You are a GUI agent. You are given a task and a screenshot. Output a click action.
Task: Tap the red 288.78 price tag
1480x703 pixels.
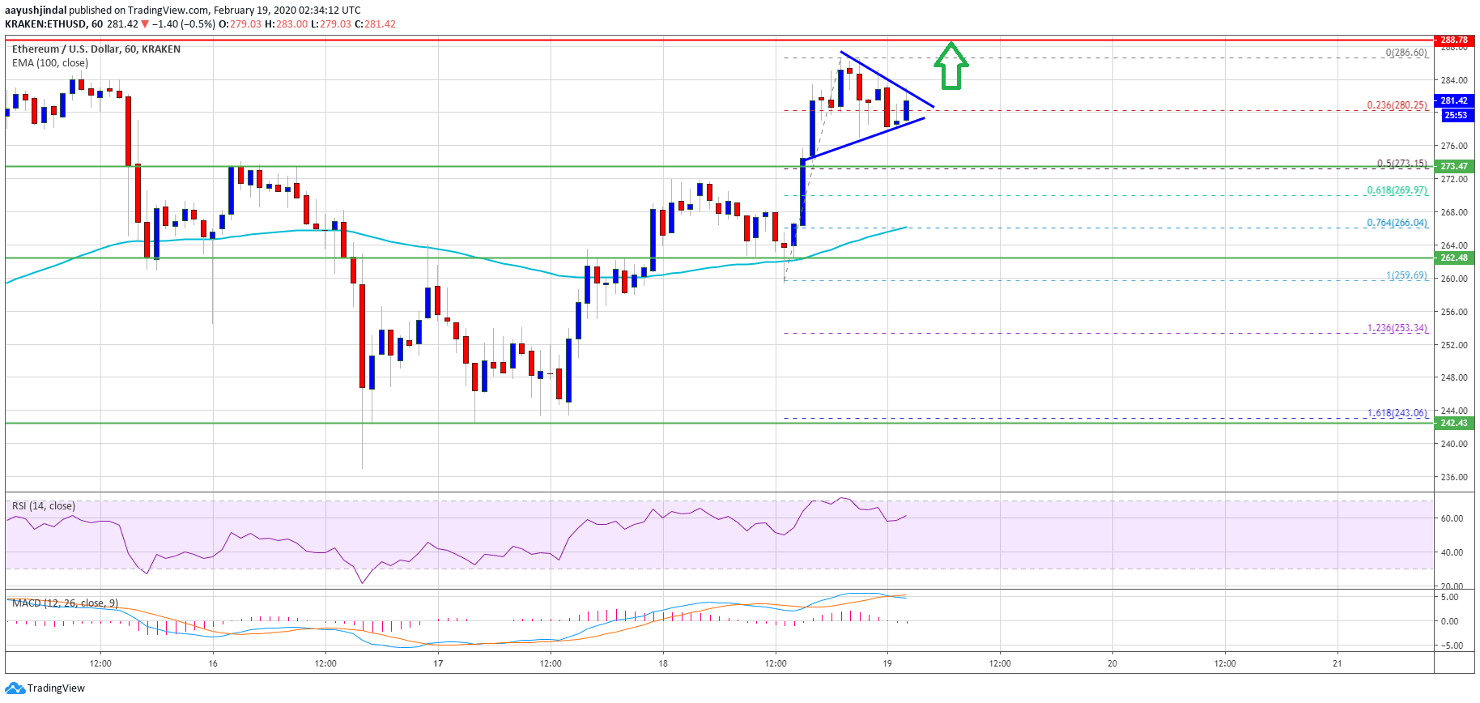click(x=1453, y=40)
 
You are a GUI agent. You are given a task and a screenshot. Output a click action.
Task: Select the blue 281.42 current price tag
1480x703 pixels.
click(x=1453, y=100)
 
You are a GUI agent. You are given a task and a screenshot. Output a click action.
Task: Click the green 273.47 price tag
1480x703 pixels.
click(x=1453, y=166)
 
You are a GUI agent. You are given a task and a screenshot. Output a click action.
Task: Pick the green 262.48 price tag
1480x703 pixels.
click(x=1453, y=258)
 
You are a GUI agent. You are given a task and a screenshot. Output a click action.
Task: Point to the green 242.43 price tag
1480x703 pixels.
click(x=1453, y=423)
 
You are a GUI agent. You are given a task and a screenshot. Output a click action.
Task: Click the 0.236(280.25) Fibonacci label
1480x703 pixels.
click(x=1397, y=105)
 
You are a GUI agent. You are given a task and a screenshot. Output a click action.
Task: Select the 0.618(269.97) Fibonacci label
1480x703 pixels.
click(x=1397, y=190)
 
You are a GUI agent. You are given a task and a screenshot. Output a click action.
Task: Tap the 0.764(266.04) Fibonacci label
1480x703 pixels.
click(x=1397, y=223)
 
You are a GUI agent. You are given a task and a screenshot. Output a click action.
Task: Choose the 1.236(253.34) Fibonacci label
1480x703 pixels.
click(x=1397, y=328)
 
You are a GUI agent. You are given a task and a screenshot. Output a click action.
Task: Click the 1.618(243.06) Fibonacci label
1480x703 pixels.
click(x=1397, y=413)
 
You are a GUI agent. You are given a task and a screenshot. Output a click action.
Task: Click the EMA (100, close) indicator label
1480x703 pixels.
click(x=50, y=63)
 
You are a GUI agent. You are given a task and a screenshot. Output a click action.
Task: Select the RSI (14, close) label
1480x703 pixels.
click(x=44, y=506)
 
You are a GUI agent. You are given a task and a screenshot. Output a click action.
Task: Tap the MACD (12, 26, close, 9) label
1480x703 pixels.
click(x=65, y=603)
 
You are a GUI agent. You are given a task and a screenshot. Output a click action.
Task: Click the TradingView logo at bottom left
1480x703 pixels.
click(x=45, y=688)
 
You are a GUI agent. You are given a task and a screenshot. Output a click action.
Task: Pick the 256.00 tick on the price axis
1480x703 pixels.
click(x=1454, y=312)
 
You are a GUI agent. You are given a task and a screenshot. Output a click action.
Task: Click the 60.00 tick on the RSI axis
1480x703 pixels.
click(x=1451, y=518)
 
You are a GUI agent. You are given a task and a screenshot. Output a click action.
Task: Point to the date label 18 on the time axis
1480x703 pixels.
click(x=663, y=663)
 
